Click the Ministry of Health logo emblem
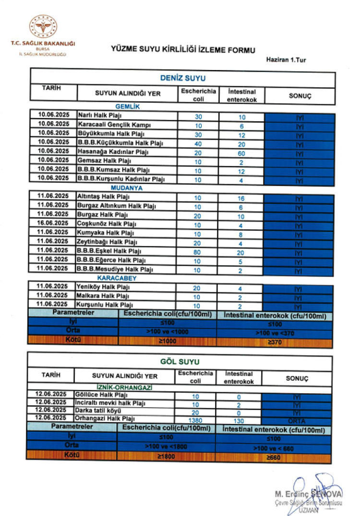coord(43,28)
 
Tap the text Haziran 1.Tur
coord(286,60)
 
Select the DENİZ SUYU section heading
coord(182,78)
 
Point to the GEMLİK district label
coord(127,106)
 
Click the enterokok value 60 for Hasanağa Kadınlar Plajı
coord(241,152)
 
